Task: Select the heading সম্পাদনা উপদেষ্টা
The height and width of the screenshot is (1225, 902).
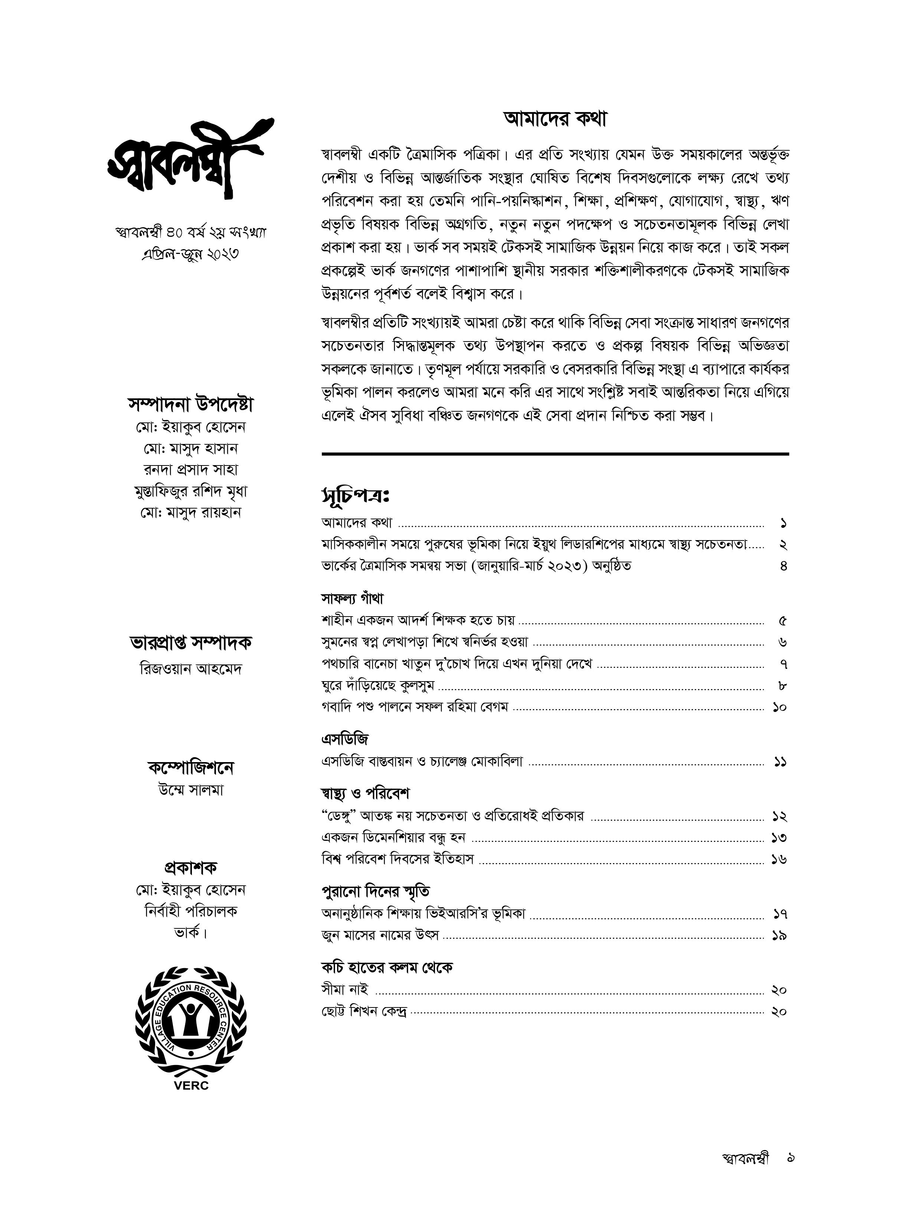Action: pyautogui.click(x=190, y=405)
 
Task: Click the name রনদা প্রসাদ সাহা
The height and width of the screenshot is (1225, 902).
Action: pyautogui.click(x=190, y=470)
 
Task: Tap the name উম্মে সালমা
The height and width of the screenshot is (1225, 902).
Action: pyautogui.click(x=190, y=790)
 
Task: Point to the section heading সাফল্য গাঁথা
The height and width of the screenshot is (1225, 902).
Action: pyautogui.click(x=352, y=598)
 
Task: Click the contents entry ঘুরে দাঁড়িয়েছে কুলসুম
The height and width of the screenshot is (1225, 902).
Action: pyautogui.click(x=378, y=686)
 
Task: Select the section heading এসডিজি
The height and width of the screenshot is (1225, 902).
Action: pyautogui.click(x=345, y=739)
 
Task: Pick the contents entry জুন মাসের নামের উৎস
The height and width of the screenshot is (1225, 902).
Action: pyautogui.click(x=380, y=936)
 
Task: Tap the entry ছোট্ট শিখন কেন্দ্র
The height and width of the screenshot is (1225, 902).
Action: pyautogui.click(x=364, y=1012)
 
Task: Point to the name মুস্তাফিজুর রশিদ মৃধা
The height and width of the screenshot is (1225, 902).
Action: pyautogui.click(x=190, y=491)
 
